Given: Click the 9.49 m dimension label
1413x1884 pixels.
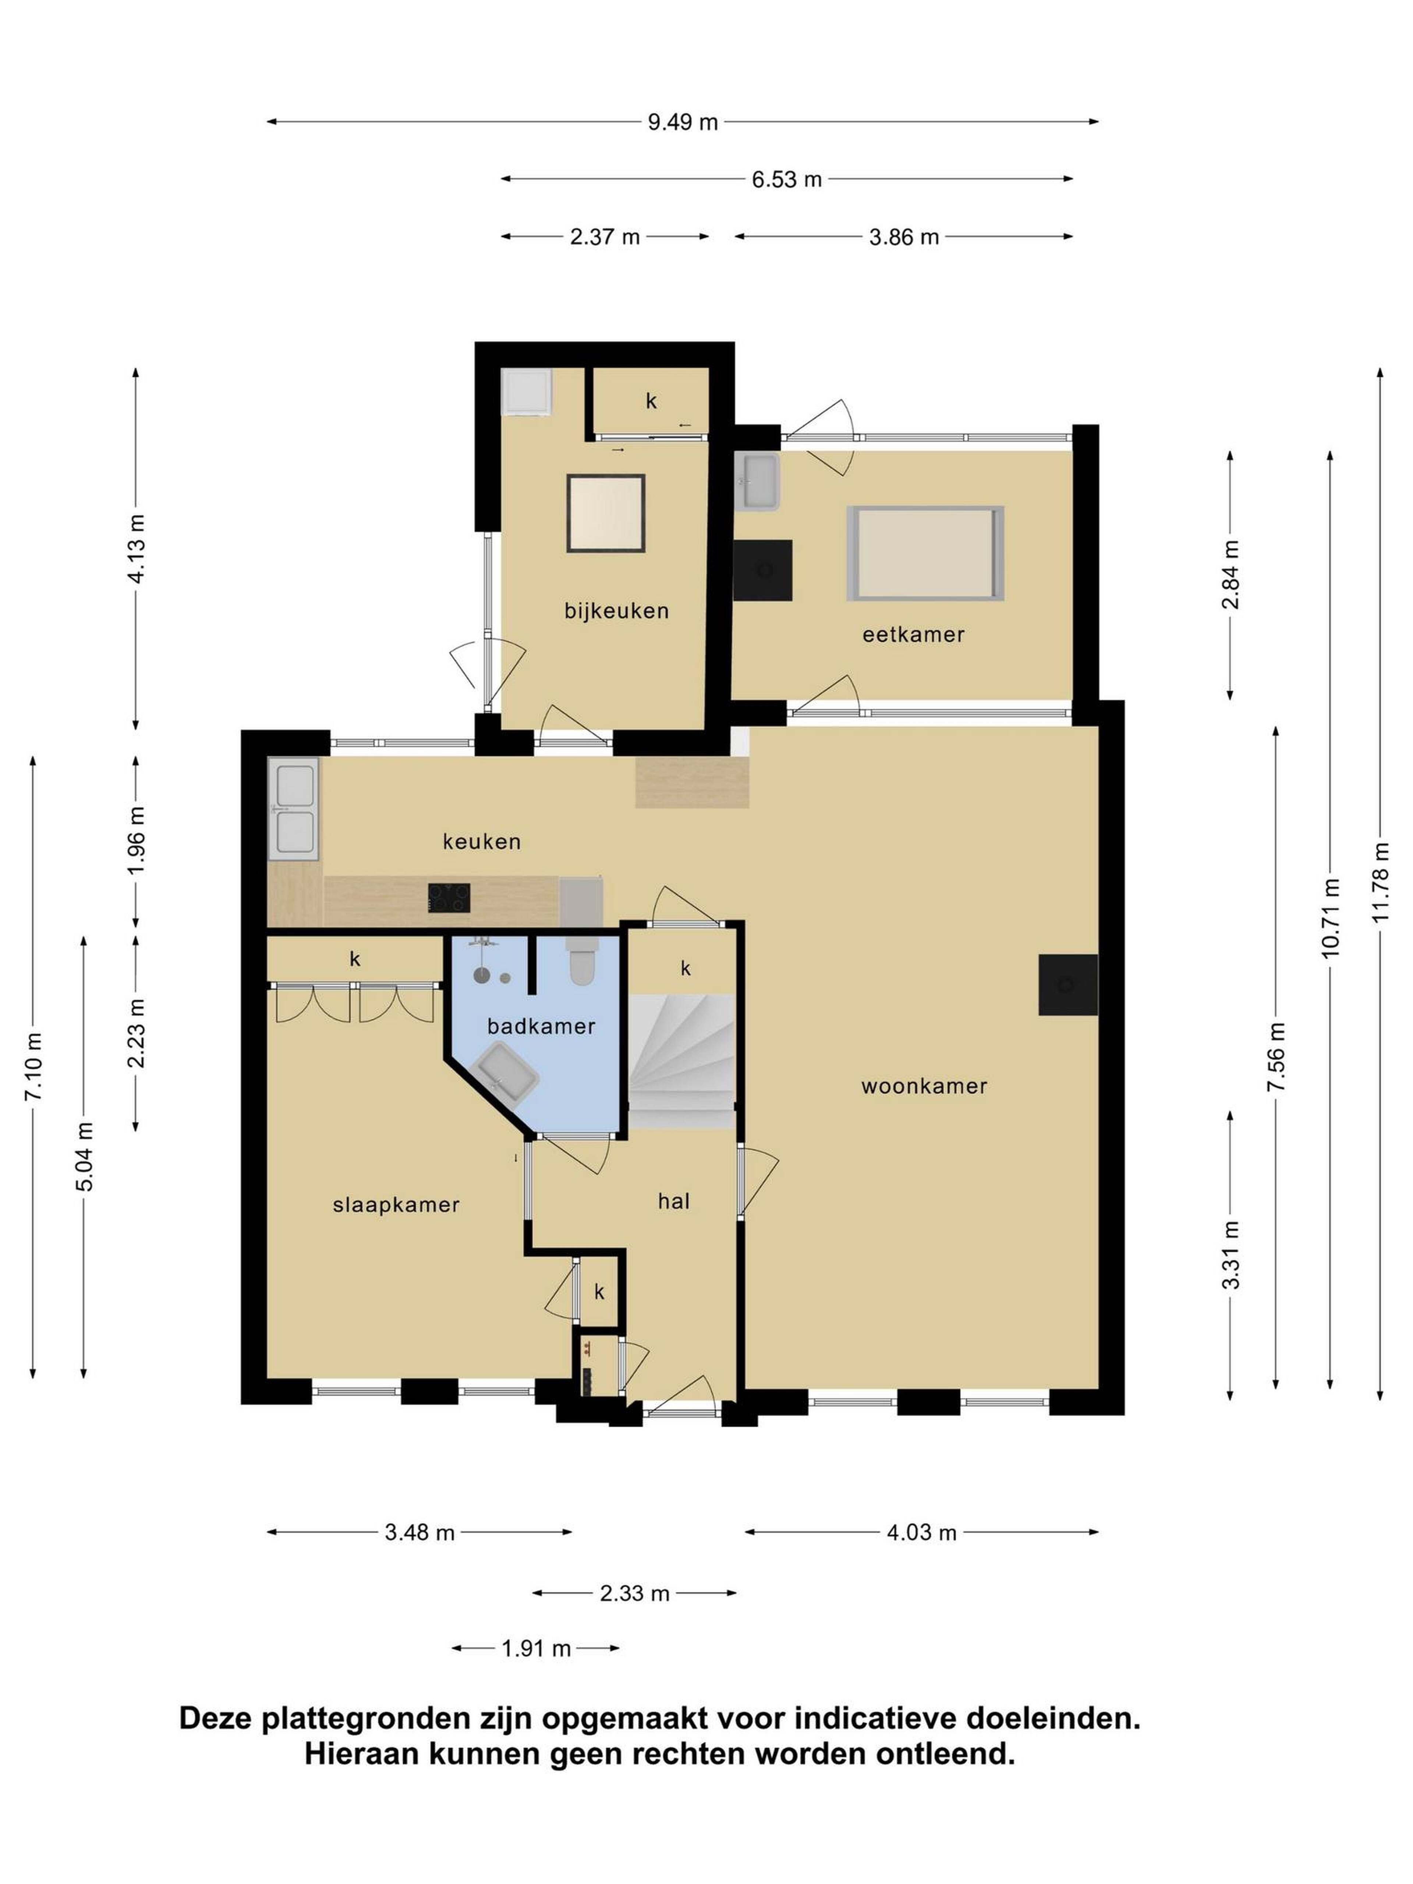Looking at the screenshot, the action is (x=682, y=122).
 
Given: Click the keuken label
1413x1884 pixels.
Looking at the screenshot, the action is (x=481, y=842).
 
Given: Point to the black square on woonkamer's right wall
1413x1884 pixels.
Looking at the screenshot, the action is (x=1067, y=985).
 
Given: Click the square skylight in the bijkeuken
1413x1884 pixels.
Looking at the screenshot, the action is (x=606, y=514).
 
